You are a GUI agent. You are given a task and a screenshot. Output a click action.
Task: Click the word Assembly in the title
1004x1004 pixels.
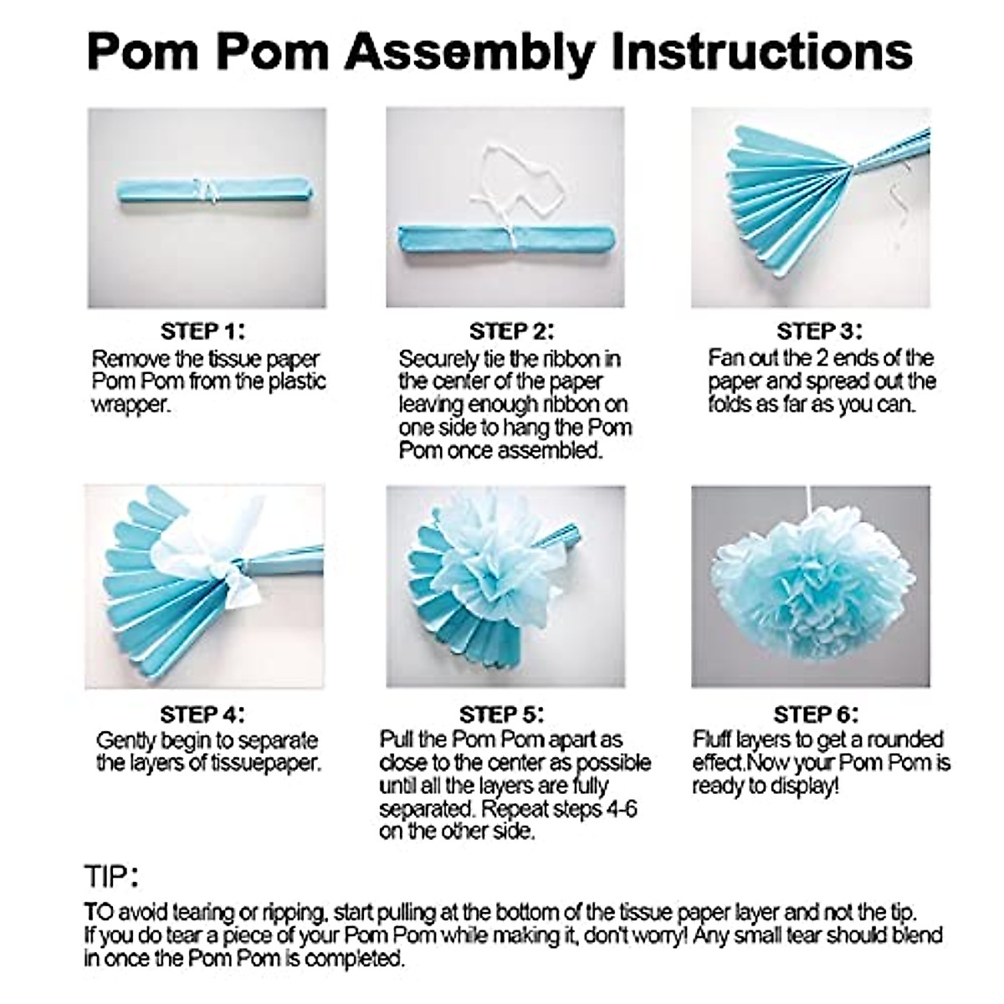pos(472,52)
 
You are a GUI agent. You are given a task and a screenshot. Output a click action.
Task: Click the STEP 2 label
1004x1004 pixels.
pos(512,331)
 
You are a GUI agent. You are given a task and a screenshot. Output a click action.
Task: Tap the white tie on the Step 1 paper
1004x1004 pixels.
pos(206,190)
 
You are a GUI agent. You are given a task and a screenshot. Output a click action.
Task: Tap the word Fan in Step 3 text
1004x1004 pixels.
pos(725,358)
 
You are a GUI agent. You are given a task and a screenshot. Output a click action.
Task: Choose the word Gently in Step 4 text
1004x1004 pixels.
pos(126,741)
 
